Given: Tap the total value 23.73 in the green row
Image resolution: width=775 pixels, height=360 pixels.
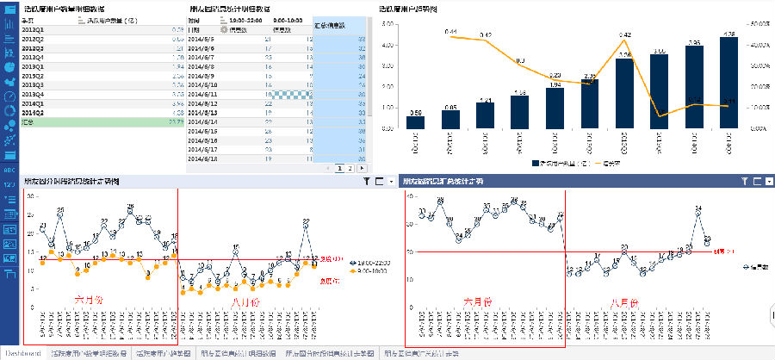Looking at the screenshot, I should pos(176,122).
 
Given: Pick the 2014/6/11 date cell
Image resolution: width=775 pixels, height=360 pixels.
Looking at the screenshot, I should pos(204,94).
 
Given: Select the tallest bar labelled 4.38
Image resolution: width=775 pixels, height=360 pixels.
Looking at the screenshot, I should pos(728,83).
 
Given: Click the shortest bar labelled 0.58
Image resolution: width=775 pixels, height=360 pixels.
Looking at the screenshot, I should pos(415,122).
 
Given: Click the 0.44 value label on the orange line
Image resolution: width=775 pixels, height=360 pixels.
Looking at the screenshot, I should pos(451,32).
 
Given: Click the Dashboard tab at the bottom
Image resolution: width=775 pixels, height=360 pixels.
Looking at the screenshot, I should pos(23,354).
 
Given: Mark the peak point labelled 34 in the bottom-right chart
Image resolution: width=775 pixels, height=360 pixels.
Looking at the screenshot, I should pos(697,208).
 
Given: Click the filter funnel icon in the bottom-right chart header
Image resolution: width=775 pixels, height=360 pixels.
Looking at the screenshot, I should pos(745,181).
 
